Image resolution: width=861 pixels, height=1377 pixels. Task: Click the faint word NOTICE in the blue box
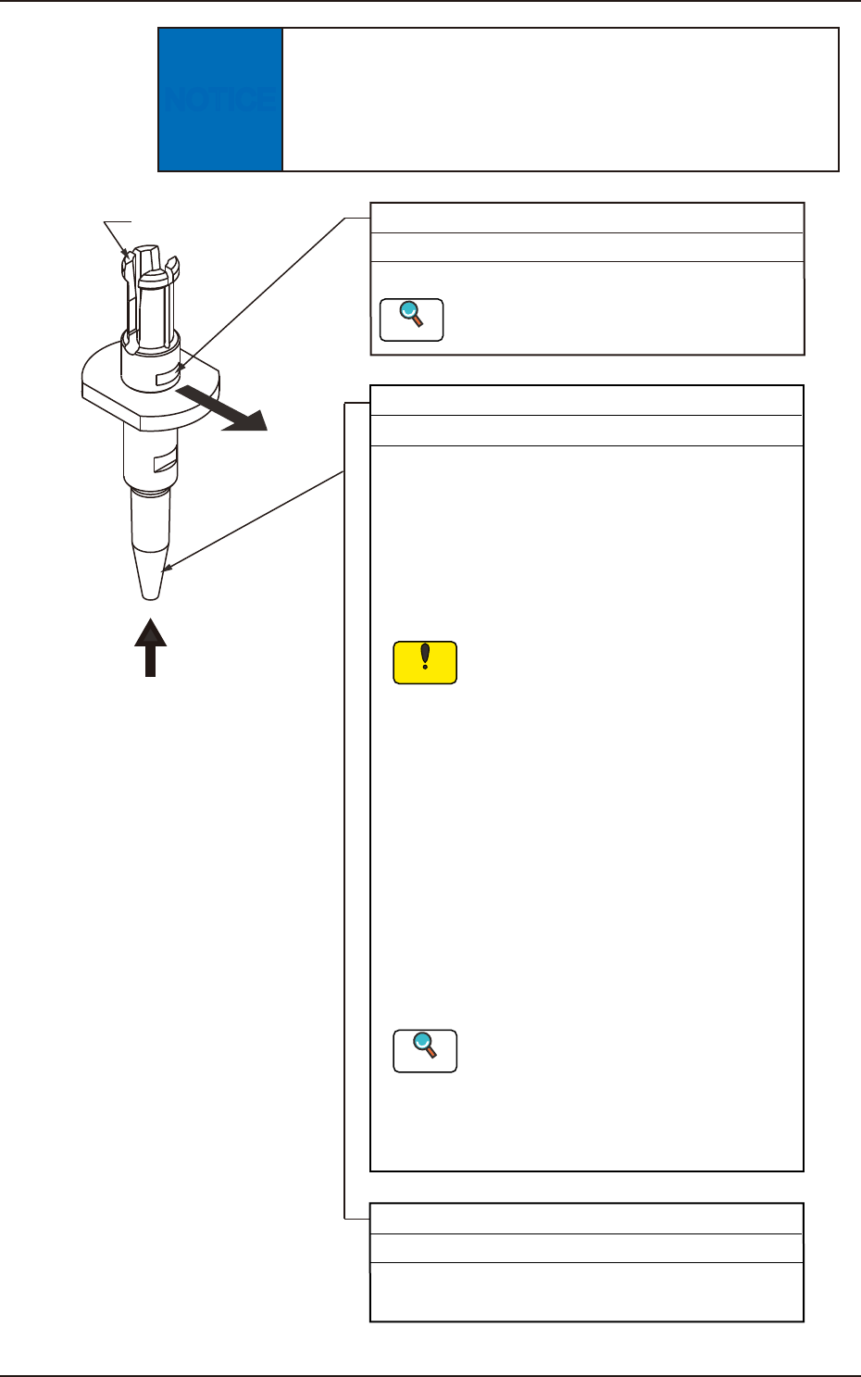219,99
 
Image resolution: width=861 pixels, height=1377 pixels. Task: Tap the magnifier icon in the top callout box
411,319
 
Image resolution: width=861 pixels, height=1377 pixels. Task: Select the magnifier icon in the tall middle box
425,1050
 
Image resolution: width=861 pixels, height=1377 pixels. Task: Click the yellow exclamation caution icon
425,662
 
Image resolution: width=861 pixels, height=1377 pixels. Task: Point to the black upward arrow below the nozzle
151,647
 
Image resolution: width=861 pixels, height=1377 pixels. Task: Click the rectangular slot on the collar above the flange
167,374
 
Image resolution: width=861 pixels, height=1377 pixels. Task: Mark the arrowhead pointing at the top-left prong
126,252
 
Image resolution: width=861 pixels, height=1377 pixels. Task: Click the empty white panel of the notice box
560,99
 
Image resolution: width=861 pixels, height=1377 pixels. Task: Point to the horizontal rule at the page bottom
430,1375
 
